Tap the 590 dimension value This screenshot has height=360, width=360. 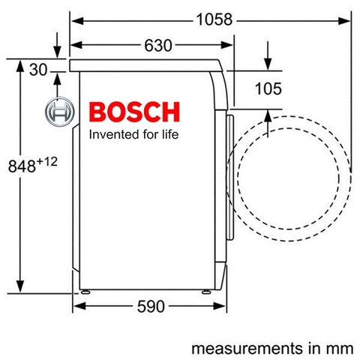click(x=151, y=306)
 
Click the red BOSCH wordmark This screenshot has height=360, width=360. click(x=133, y=112)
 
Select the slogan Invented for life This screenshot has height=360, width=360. click(x=133, y=136)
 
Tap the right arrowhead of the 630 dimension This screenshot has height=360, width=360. click(x=229, y=46)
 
